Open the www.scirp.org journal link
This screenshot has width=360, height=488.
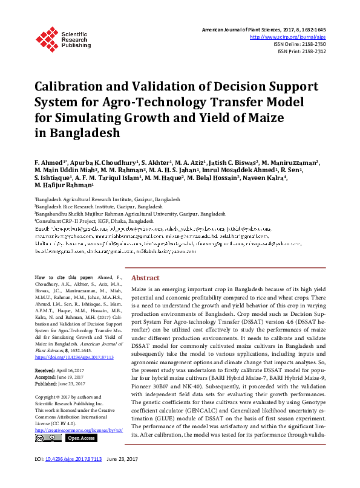pos(288,36)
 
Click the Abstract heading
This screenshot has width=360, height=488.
pos(145,277)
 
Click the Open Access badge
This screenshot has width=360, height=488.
pos(80,438)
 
